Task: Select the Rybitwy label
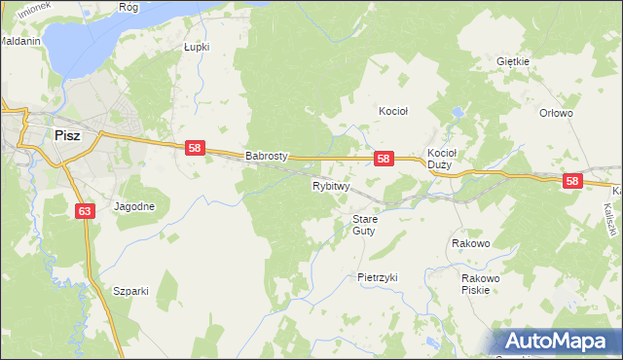pyautogui.click(x=331, y=185)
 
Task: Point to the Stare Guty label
pyautogui.click(x=364, y=225)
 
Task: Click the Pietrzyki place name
pyautogui.click(x=378, y=277)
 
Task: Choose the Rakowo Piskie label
pyautogui.click(x=481, y=284)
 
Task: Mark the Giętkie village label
pyautogui.click(x=512, y=61)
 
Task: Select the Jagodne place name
pyautogui.click(x=134, y=207)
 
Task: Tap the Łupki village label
pyautogui.click(x=197, y=46)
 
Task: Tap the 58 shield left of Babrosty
pyautogui.click(x=195, y=148)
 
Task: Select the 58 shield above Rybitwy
pyautogui.click(x=384, y=159)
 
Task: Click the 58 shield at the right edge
pyautogui.click(x=571, y=181)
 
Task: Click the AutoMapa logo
pyautogui.click(x=556, y=342)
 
